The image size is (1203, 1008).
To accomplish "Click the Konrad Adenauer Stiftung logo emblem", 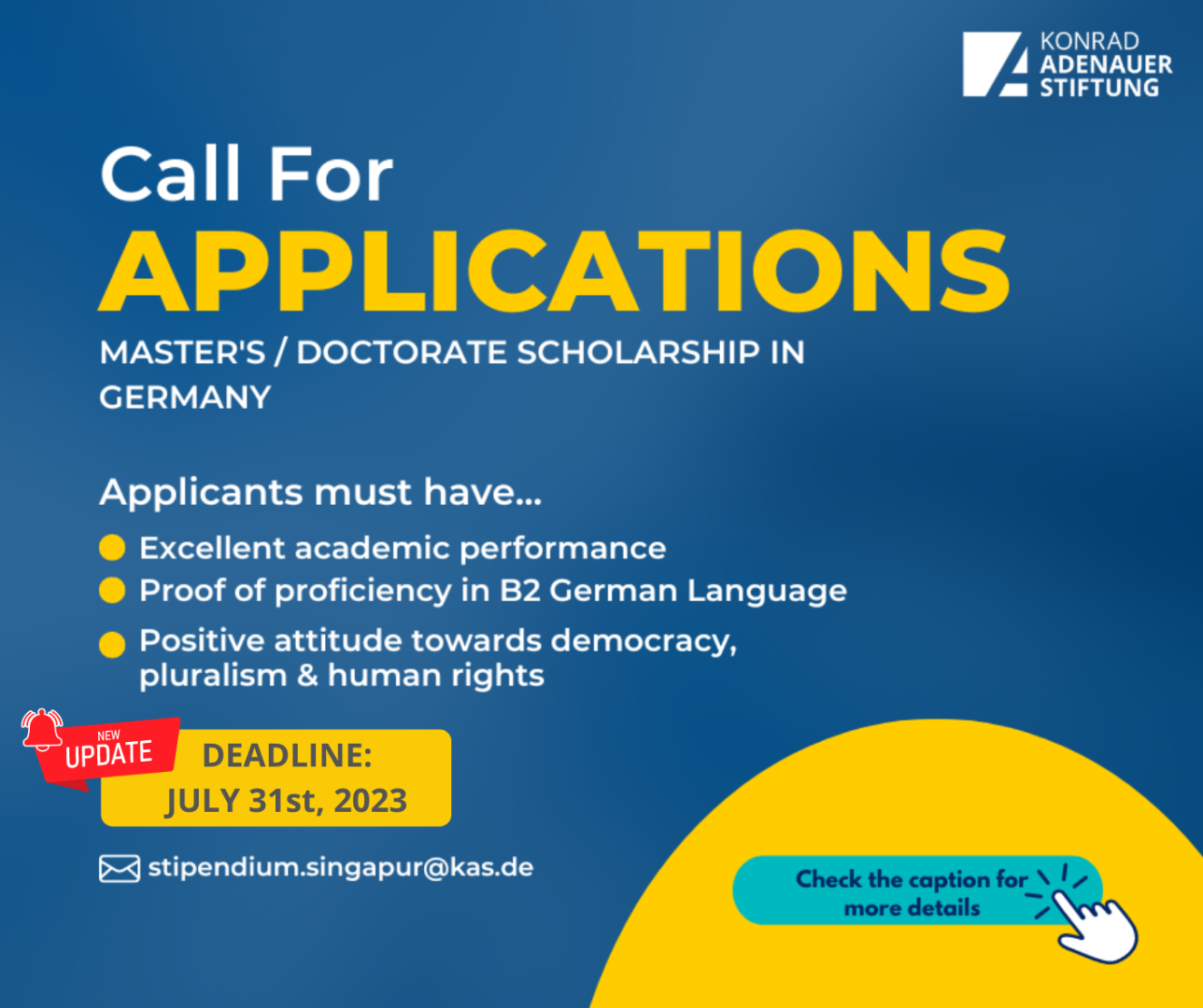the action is coord(995,63).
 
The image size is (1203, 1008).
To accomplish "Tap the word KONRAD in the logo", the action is coord(1089,41).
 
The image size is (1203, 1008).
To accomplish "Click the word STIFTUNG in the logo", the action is coord(1099,88).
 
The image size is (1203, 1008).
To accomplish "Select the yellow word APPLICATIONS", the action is coord(554,271).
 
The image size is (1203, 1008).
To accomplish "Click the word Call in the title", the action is coord(170,173).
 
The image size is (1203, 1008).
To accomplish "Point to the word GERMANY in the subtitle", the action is coord(185,397).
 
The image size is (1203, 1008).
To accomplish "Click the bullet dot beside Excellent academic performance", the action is coord(112,547).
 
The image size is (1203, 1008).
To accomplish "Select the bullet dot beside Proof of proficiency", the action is coord(112,590).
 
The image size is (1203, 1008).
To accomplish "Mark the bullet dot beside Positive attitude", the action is coord(112,644).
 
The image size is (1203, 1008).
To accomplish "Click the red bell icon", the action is coord(41,730).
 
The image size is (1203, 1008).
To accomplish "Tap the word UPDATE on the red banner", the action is coord(109,754).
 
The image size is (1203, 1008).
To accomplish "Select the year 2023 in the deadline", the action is coord(371,801).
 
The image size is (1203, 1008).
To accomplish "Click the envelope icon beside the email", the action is coord(120,868).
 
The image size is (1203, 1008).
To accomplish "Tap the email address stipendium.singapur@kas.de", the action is coord(341,868).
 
